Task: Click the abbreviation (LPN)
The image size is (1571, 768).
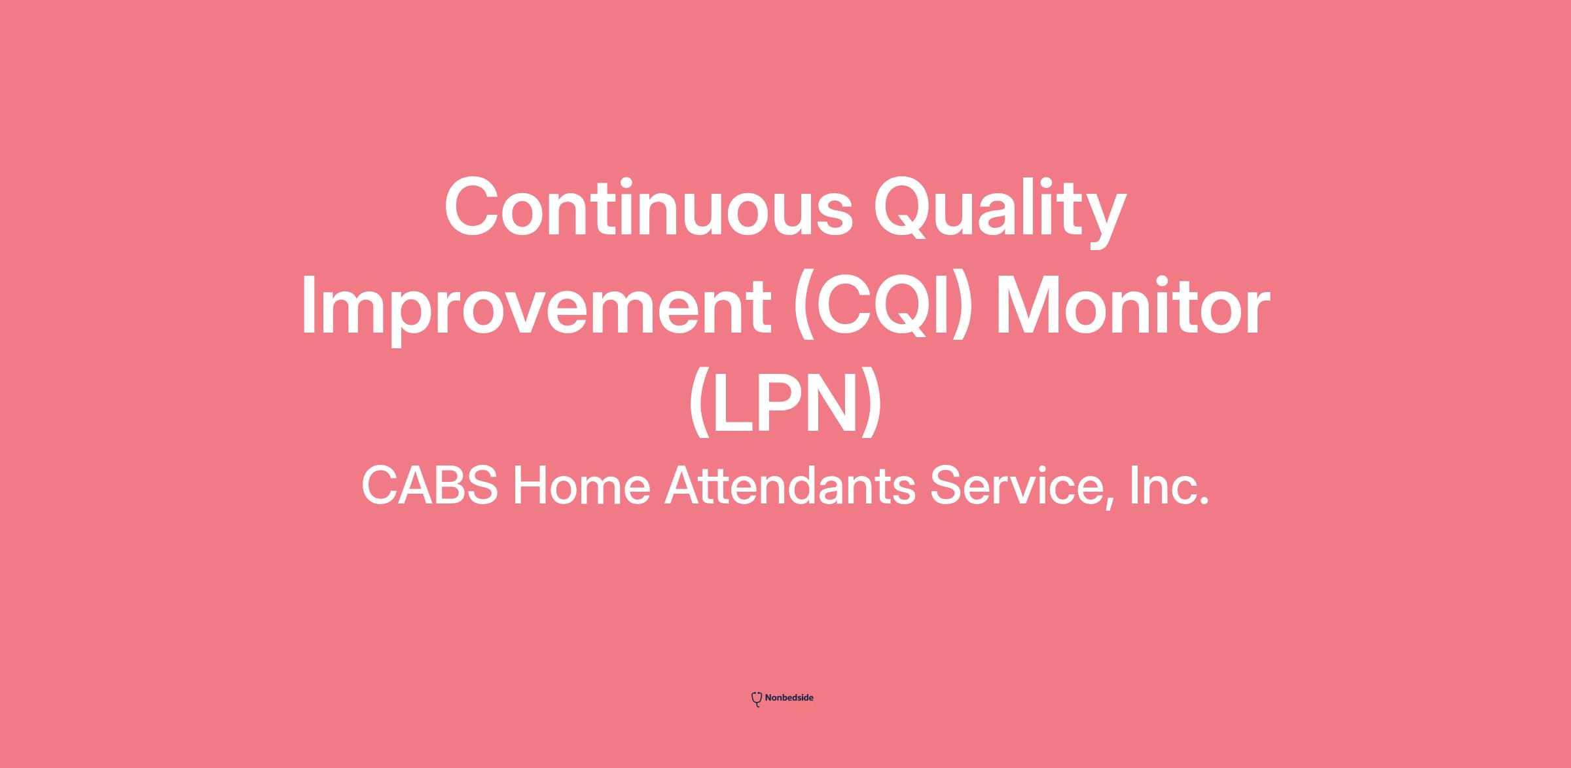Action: click(x=785, y=404)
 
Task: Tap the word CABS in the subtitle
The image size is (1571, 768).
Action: click(x=429, y=485)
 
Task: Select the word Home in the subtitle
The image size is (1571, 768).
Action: click(x=581, y=485)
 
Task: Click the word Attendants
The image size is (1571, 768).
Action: click(x=790, y=485)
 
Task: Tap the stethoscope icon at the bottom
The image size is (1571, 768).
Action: click(x=757, y=699)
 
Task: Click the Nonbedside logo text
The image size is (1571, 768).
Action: click(x=789, y=698)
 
